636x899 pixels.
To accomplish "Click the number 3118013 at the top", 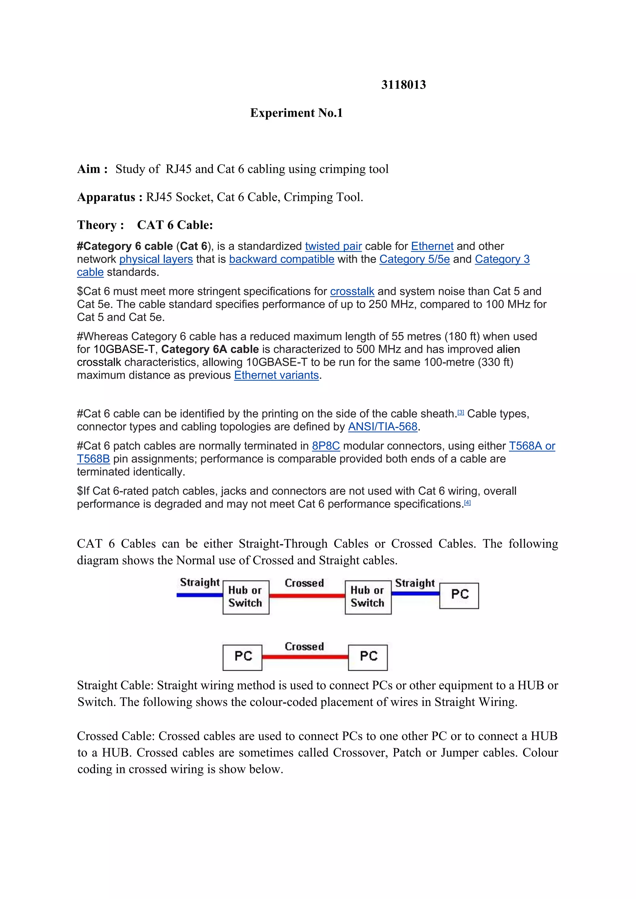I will [403, 84].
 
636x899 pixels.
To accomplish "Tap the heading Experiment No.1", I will [297, 113].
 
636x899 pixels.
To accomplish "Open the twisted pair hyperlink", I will [333, 246].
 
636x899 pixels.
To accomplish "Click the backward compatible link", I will [282, 259].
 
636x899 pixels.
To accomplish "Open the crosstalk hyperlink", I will [352, 291].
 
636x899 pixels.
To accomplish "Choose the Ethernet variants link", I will [276, 375].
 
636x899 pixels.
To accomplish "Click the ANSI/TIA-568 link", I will [383, 427].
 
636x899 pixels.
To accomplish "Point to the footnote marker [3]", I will [461, 412].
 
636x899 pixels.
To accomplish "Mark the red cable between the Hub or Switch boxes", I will [307, 595].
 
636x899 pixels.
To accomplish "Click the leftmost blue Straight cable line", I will [199, 595].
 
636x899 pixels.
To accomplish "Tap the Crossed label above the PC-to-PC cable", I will [304, 646].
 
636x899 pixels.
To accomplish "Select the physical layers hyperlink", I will [156, 259].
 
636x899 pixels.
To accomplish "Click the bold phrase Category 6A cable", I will [210, 349].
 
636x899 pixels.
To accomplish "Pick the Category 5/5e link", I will [414, 259].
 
